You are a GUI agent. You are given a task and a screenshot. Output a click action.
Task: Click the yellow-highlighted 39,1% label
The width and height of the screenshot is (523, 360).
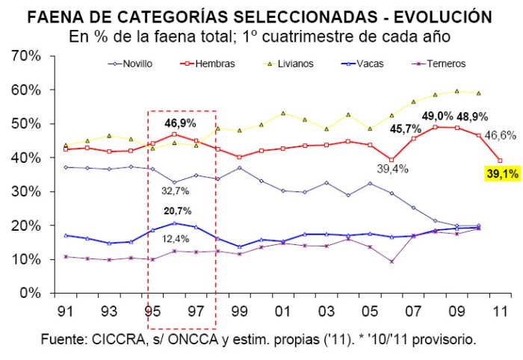tap(503, 174)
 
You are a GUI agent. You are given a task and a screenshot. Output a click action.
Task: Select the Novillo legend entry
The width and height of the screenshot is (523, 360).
tap(130, 63)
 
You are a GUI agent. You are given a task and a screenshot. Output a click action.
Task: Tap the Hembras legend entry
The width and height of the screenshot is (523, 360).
tap(208, 63)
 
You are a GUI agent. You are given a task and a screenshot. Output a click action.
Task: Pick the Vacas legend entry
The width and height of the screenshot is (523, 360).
tap(362, 63)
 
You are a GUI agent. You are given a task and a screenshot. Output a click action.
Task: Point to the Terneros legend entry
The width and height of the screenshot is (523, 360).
tap(439, 63)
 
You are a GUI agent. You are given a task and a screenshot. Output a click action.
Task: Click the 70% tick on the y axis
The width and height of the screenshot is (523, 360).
tap(26, 56)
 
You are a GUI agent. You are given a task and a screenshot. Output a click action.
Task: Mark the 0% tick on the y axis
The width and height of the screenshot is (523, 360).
tap(30, 293)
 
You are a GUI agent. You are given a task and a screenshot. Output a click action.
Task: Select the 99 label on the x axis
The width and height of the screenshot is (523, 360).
tap(239, 311)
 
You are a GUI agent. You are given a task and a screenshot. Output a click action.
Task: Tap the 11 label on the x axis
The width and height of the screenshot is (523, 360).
tap(500, 311)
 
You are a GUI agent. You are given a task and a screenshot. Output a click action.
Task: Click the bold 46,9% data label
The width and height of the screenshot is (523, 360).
tap(180, 123)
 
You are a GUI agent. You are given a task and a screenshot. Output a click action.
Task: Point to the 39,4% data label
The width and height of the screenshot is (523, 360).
tap(392, 169)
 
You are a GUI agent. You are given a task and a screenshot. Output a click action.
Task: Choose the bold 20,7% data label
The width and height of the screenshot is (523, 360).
tap(178, 211)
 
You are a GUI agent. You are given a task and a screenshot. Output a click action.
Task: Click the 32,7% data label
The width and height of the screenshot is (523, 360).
tap(175, 191)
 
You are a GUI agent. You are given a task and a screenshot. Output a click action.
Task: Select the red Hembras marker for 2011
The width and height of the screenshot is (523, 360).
tap(500, 161)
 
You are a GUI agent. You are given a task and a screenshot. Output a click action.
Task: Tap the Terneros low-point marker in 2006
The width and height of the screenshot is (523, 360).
tap(392, 261)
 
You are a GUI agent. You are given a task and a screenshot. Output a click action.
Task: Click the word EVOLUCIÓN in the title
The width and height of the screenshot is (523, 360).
tap(443, 16)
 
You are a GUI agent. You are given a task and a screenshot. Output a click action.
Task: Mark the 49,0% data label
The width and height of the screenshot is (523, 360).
tap(437, 117)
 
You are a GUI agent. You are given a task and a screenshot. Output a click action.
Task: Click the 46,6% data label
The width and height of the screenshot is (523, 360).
tap(500, 136)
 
